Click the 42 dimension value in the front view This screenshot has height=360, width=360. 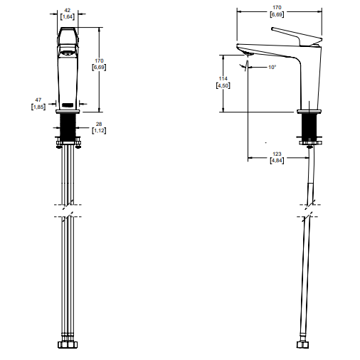[68, 10]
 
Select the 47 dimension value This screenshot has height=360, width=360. [38, 100]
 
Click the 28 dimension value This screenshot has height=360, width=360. [99, 124]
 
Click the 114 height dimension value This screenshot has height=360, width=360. [223, 78]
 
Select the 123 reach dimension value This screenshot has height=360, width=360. [277, 154]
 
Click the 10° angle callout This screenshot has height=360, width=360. [272, 67]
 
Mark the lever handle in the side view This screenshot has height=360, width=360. [297, 36]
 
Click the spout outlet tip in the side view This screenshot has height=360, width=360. [248, 55]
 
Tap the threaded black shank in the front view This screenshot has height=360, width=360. [68, 127]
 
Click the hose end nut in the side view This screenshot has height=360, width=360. [302, 344]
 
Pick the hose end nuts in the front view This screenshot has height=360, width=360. [68, 344]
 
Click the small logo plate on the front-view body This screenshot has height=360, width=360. [68, 105]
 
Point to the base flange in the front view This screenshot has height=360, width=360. [68, 112]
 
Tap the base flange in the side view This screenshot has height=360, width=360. [309, 112]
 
